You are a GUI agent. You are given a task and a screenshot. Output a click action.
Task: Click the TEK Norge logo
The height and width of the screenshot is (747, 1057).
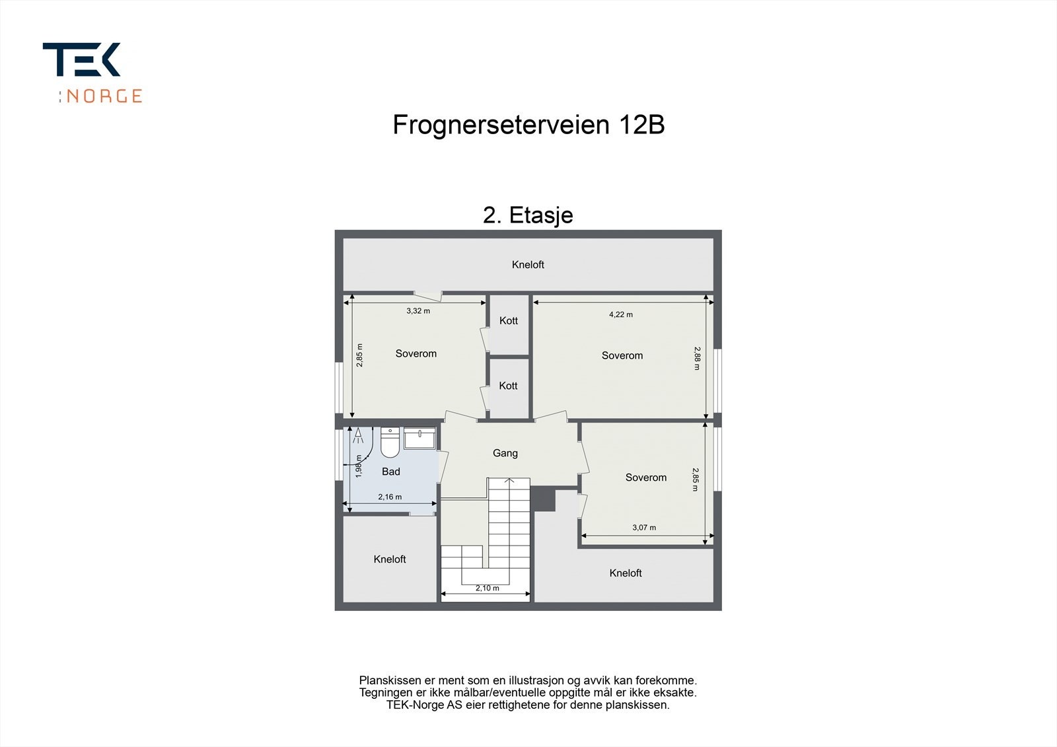[x=92, y=72]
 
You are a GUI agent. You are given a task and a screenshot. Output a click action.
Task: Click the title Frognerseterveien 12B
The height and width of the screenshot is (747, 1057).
[x=528, y=125]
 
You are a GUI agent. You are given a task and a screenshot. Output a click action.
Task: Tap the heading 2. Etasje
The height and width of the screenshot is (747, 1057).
[x=528, y=215]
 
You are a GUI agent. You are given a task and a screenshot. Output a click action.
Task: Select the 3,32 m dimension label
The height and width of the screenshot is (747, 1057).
[x=418, y=311]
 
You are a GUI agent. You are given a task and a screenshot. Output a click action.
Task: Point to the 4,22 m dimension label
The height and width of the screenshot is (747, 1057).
[x=620, y=314]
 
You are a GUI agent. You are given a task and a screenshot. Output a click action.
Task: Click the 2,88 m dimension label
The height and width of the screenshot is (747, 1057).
[x=697, y=358]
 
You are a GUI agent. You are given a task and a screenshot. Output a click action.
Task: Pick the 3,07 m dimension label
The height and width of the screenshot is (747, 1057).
[x=643, y=528]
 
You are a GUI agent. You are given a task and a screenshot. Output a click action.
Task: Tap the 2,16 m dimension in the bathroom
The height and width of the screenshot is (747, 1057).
[x=390, y=497]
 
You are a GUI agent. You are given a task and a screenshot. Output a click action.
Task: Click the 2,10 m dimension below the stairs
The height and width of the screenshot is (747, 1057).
[x=487, y=588]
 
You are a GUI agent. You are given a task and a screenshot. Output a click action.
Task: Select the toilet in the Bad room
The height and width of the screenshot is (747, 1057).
[x=390, y=443]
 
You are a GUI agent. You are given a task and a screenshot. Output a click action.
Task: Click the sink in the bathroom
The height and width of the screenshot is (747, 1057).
[x=419, y=439]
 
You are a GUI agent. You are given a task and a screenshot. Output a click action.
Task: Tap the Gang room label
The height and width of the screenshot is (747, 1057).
[x=505, y=453]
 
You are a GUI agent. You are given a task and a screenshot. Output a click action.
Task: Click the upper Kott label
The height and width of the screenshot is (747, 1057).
[x=508, y=321]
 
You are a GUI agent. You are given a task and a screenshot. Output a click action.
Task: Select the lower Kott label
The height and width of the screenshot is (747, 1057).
[x=508, y=386]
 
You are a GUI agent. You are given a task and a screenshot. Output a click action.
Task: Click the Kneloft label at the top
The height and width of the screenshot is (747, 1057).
[x=528, y=265]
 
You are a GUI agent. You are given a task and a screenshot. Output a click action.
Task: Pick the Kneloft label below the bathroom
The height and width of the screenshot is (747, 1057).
[x=389, y=559]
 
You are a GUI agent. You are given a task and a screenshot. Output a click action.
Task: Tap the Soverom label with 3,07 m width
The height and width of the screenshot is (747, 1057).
[x=645, y=478]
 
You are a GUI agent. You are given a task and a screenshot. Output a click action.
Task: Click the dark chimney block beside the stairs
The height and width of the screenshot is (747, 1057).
[x=544, y=498]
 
